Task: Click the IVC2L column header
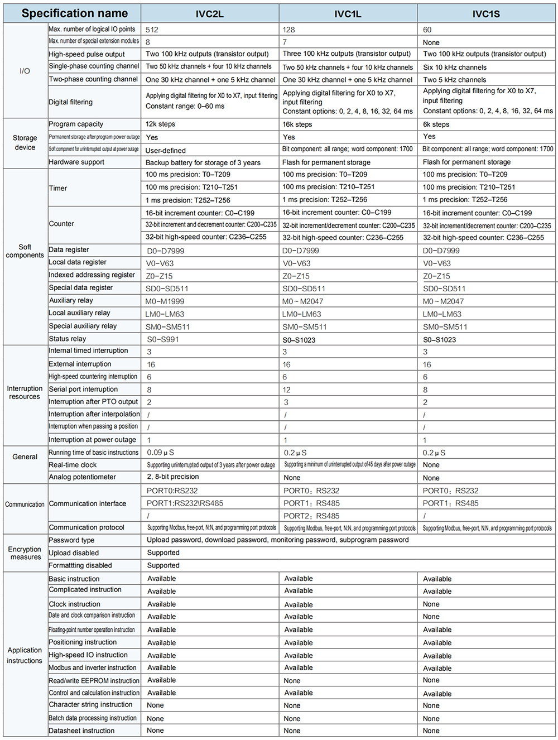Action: point(209,14)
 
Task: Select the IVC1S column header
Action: point(486,14)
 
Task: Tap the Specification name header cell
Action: point(74,13)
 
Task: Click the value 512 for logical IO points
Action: point(152,30)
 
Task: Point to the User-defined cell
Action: point(166,150)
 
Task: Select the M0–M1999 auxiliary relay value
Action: point(165,301)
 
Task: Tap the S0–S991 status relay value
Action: point(163,339)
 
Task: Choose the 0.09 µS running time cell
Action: point(161,453)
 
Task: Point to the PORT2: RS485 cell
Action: point(311,516)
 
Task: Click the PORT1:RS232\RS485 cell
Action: point(185,503)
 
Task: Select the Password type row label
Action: point(71,540)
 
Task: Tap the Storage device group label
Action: point(25,142)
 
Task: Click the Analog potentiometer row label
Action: point(83,477)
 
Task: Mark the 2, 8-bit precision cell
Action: point(173,477)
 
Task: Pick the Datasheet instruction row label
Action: point(81,731)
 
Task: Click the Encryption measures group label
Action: point(25,553)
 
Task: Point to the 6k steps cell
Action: point(436,124)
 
